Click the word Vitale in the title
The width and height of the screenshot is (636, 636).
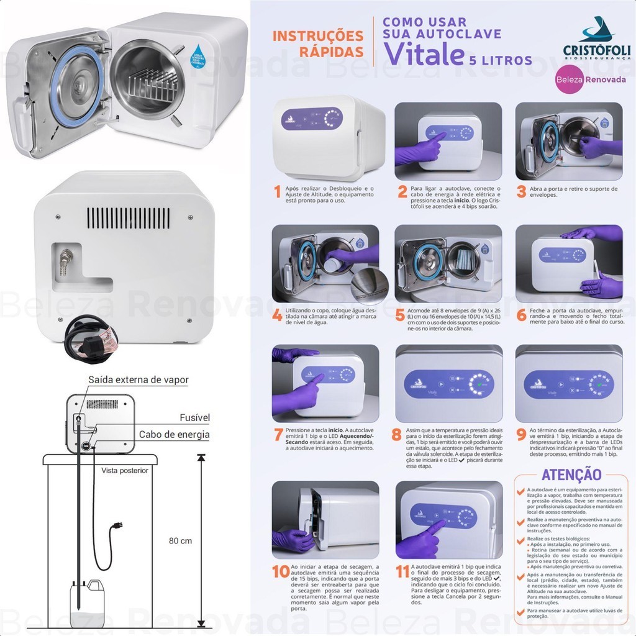pyautogui.click(x=424, y=55)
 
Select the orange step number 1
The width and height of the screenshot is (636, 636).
pyautogui.click(x=277, y=191)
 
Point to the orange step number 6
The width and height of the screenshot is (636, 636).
pyautogui.click(x=521, y=314)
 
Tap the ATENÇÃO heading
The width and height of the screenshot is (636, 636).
pyautogui.click(x=571, y=475)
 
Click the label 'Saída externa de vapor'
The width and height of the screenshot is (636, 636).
pyautogui.click(x=138, y=379)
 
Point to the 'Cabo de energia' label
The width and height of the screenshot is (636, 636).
pyautogui.click(x=174, y=435)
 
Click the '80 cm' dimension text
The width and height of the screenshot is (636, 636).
pyautogui.click(x=180, y=541)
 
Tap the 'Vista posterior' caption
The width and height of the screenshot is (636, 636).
pyautogui.click(x=125, y=470)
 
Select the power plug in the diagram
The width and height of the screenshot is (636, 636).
pyautogui.click(x=115, y=529)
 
